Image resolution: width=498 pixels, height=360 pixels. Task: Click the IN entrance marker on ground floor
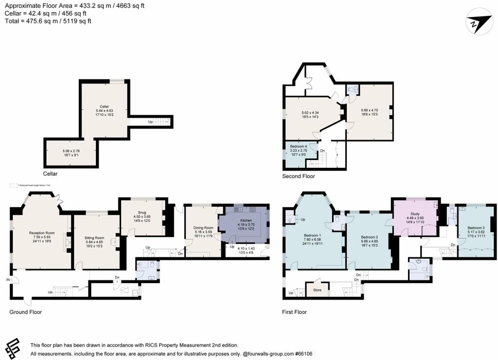[8, 280]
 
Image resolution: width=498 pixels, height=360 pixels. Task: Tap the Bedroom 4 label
[299, 146]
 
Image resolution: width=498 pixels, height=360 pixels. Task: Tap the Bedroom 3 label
[476, 228]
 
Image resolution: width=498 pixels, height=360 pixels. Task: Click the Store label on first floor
[317, 290]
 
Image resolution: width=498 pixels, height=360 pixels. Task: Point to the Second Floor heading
[299, 176]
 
